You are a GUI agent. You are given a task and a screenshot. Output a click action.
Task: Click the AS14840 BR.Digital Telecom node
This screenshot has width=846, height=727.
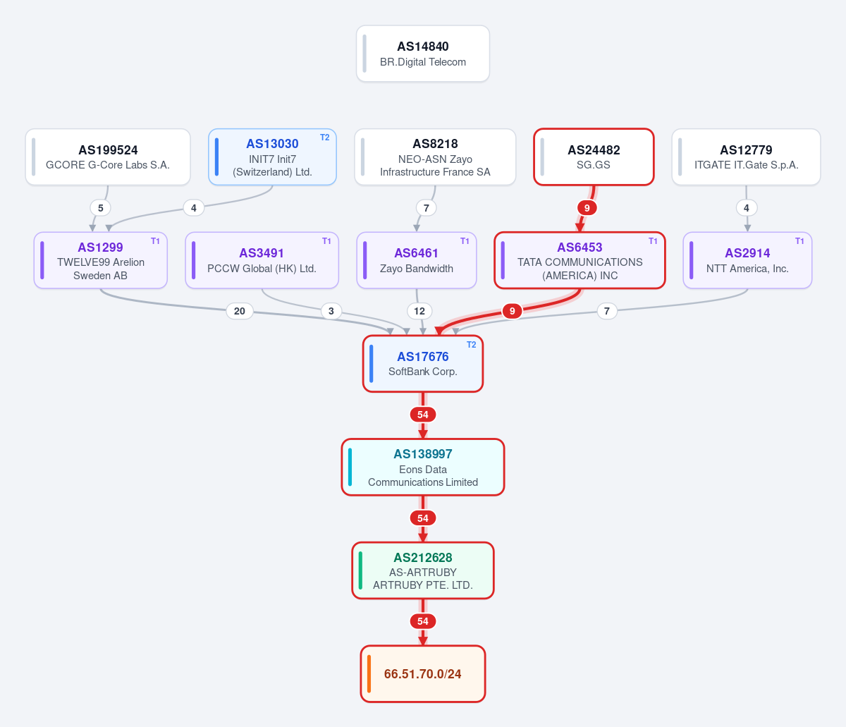(x=423, y=54)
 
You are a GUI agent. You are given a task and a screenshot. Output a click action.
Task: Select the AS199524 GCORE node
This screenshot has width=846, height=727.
(x=108, y=157)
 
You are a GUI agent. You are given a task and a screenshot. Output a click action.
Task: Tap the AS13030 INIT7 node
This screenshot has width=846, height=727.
(x=272, y=157)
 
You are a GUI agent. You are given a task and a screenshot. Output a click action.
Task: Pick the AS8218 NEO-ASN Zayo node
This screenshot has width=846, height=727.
(x=435, y=157)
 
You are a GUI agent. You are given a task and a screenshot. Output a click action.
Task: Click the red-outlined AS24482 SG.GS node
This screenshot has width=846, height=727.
(x=594, y=157)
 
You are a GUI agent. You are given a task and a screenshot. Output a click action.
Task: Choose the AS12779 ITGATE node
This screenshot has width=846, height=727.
(x=746, y=157)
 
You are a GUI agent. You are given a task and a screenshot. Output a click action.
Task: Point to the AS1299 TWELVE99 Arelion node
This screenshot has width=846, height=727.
(x=101, y=260)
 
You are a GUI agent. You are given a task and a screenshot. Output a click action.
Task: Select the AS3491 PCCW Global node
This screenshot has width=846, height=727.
(x=262, y=260)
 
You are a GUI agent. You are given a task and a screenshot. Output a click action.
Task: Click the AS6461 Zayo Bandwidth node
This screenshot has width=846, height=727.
(x=417, y=260)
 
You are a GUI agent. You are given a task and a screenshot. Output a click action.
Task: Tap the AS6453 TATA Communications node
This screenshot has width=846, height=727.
(x=580, y=260)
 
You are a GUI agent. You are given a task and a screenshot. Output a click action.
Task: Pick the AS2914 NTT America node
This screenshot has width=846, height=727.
(x=747, y=260)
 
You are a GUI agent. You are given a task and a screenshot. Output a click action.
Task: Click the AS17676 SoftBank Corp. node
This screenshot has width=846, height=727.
(x=423, y=364)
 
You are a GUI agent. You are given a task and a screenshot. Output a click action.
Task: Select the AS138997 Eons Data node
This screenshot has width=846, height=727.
(x=423, y=467)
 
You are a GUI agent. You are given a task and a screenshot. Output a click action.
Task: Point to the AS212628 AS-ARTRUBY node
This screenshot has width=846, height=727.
(x=423, y=570)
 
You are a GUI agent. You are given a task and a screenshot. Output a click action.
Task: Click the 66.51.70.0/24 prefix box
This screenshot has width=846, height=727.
(x=423, y=674)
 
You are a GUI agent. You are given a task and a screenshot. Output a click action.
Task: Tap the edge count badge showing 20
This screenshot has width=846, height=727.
(x=240, y=311)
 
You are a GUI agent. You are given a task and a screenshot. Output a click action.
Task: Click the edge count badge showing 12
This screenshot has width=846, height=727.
(x=419, y=311)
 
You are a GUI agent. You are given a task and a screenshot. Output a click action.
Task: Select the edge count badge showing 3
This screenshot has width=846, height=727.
(x=331, y=311)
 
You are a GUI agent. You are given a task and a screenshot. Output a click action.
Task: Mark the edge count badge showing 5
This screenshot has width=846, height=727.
(x=101, y=208)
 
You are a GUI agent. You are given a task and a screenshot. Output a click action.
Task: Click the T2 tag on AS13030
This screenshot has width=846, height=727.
(x=324, y=138)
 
